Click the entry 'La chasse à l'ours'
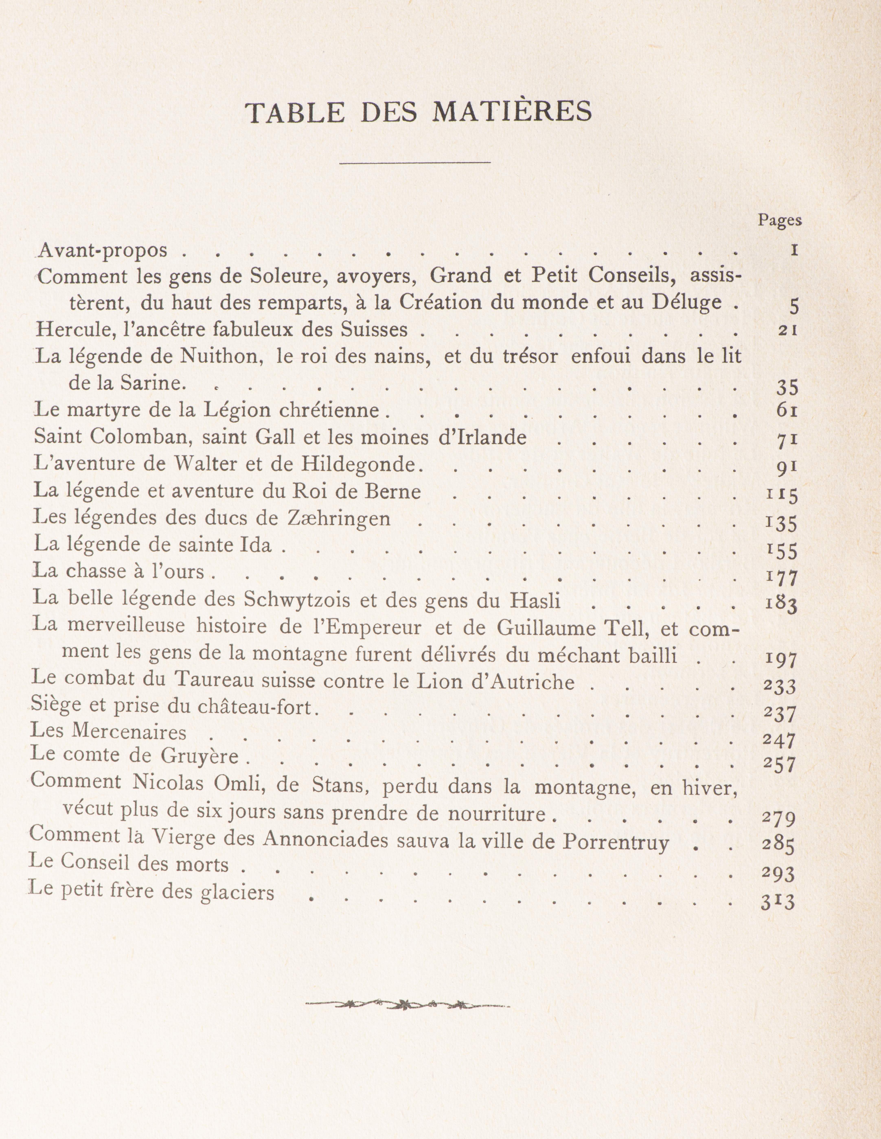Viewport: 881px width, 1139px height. (119, 572)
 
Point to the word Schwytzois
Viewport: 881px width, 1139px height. (297, 600)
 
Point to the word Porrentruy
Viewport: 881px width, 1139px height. (616, 842)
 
